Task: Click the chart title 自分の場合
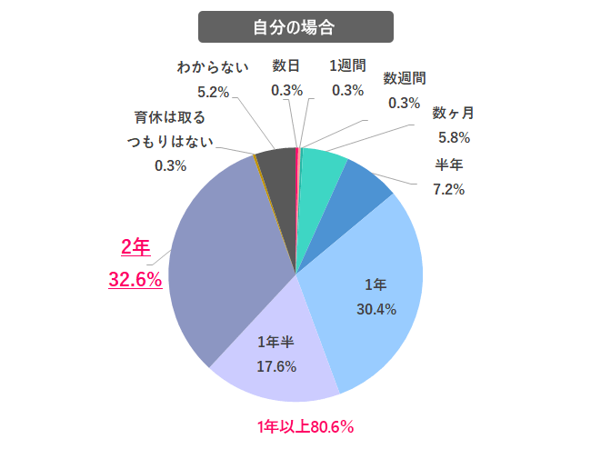[x=295, y=26]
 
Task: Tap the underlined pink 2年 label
[x=135, y=246]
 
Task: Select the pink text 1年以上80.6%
[x=305, y=425]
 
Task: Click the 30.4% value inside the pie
[x=376, y=309]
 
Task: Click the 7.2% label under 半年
[x=449, y=189]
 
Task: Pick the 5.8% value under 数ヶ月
[x=453, y=138]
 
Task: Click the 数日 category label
[x=286, y=65]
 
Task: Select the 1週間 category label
[x=347, y=65]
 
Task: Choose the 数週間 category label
[x=405, y=78]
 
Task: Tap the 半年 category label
[x=450, y=165]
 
